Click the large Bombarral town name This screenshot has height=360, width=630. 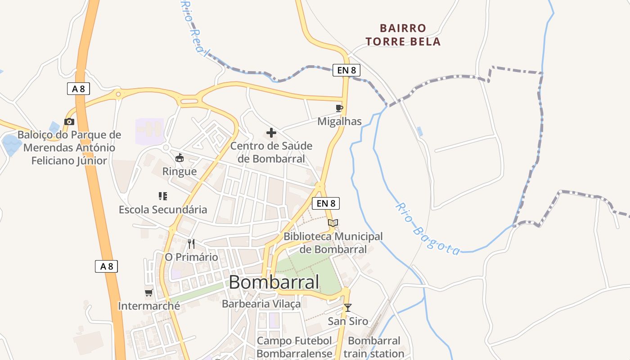pos(274,282)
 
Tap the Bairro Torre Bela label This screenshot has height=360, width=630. pos(403,35)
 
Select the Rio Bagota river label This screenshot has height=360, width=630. pos(427,229)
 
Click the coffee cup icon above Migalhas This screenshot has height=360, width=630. pos(339,108)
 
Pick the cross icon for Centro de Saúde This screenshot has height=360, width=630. pos(271,133)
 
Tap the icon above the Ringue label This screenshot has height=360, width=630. pos(180,158)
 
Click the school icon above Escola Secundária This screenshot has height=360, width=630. pos(163,196)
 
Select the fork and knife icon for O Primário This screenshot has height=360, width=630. pos(191,244)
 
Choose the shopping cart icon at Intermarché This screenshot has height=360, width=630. pos(149,293)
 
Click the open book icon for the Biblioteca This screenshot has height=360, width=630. pos(333,223)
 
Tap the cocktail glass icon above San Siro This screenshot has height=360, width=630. pos(347,308)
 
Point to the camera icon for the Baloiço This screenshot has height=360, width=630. pos(69,121)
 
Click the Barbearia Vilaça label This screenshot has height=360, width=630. pos(261,304)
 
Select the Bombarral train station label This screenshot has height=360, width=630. pos(374,347)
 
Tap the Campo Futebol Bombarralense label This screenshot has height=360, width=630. pos(294,347)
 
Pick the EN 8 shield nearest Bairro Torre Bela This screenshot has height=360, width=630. pos(346,70)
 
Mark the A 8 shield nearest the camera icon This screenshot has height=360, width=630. pos(78,89)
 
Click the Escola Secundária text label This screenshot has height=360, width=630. pos(163,209)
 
